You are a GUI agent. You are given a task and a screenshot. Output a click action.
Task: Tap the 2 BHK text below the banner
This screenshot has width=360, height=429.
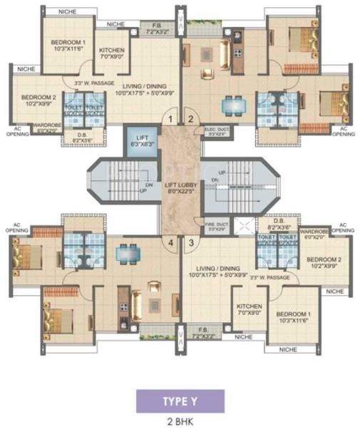click(180, 420)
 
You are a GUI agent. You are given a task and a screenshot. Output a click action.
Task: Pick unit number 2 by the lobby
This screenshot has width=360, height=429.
click(190, 119)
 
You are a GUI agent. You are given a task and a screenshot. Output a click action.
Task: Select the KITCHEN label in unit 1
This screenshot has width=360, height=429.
click(112, 51)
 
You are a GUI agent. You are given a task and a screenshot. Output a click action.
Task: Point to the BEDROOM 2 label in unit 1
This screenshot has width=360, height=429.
click(38, 98)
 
